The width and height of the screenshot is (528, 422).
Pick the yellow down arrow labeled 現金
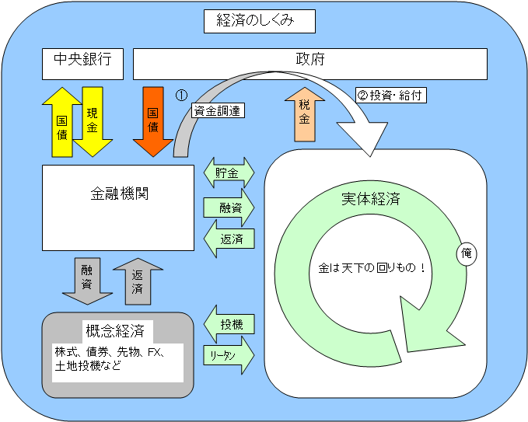(93, 121)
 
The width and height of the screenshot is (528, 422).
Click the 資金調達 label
(218, 111)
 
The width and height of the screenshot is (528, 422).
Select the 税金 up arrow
(305, 115)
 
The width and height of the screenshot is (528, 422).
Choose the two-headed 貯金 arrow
(229, 173)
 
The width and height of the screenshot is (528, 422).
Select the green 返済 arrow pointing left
(228, 239)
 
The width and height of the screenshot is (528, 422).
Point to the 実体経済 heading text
(370, 198)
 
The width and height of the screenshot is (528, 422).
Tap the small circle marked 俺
(467, 253)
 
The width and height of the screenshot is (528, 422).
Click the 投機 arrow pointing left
(228, 323)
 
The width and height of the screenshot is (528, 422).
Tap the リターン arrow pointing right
(228, 354)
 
